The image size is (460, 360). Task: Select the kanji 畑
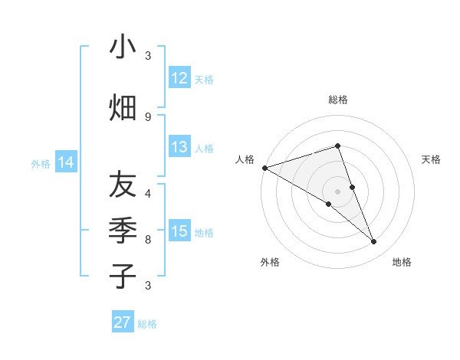tap(123, 108)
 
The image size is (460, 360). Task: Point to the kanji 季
tap(123, 230)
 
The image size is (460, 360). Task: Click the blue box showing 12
tap(179, 78)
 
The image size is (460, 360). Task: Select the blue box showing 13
tap(179, 148)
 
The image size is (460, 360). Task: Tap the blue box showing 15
tap(179, 231)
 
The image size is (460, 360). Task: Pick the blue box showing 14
tap(66, 162)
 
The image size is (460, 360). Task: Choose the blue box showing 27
tap(123, 322)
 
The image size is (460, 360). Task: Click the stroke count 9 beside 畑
tap(148, 116)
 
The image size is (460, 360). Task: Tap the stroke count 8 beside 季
tap(148, 239)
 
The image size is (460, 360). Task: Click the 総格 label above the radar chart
tap(337, 100)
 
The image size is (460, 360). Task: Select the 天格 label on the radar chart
tap(432, 159)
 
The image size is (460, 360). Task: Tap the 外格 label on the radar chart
tap(270, 262)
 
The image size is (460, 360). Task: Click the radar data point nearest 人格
tap(264, 168)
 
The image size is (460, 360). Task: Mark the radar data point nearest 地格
tap(373, 242)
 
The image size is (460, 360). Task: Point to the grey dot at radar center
tap(337, 191)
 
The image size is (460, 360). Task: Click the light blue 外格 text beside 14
tap(41, 163)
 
